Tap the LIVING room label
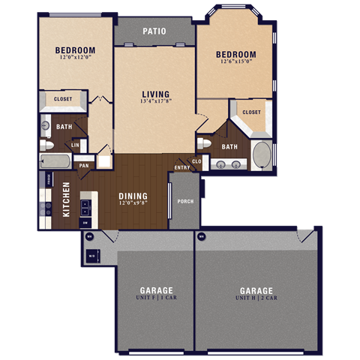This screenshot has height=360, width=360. [156, 94]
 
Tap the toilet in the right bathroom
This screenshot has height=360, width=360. [203, 143]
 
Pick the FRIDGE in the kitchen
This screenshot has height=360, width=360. [49, 179]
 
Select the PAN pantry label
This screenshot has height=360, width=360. [84, 165]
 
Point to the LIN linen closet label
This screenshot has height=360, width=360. [75, 144]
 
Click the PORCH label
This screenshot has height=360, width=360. [184, 201]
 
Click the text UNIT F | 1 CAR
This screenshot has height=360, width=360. [156, 298]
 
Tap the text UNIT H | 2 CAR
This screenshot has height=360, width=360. [256, 298]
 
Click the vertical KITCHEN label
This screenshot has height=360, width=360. [66, 199]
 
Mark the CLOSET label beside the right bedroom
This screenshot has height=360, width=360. [251, 112]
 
